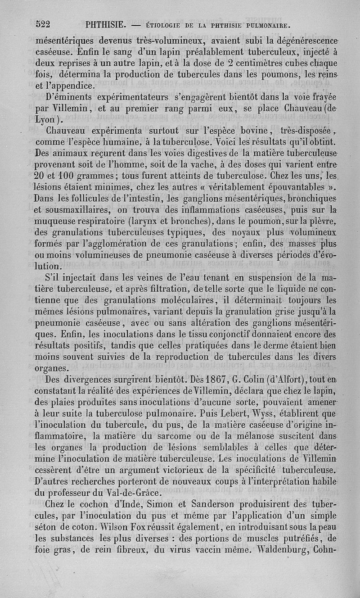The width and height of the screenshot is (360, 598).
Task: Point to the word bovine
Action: point(249,131)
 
